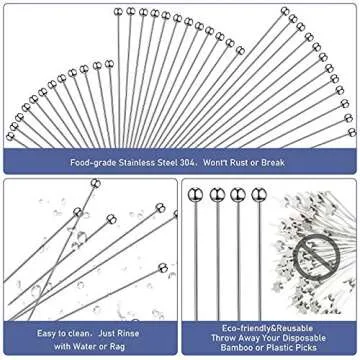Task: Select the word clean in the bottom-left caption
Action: [x=86, y=323]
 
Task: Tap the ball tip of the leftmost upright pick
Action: [x=195, y=194]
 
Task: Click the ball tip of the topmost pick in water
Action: [x=95, y=183]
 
